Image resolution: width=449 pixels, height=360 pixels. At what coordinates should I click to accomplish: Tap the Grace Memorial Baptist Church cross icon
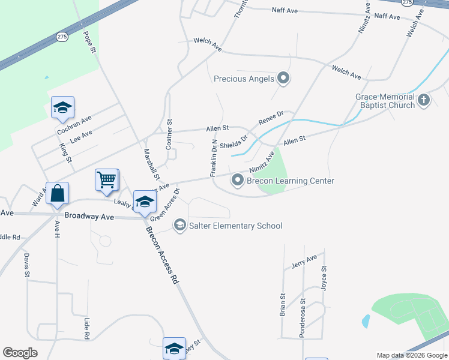click(x=424, y=100)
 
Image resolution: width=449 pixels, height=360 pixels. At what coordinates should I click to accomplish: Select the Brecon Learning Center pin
click(x=238, y=180)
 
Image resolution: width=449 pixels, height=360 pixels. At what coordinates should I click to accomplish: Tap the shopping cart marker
click(x=106, y=179)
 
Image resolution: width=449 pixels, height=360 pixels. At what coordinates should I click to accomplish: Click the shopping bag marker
click(x=58, y=193)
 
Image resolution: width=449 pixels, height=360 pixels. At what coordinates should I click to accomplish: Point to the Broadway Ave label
click(x=89, y=215)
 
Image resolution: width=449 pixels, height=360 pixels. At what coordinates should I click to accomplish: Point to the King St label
click(x=66, y=153)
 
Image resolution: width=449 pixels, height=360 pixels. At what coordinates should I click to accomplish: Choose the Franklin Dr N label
click(x=213, y=158)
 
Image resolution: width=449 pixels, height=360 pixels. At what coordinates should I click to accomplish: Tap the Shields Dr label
click(x=234, y=142)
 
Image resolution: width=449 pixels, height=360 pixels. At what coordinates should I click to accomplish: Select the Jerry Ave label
click(x=303, y=262)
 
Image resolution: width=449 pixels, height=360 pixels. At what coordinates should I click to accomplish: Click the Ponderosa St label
click(x=303, y=318)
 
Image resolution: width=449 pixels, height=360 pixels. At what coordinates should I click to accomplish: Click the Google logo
click(x=20, y=353)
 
